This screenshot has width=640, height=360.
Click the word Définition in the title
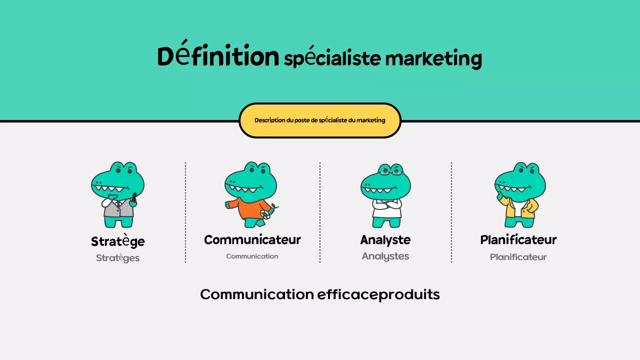point(218,56)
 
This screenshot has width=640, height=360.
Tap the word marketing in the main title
point(433,58)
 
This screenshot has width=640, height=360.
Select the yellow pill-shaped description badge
point(320,120)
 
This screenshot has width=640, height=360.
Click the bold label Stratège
point(118,241)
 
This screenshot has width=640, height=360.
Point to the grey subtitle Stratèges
point(118,258)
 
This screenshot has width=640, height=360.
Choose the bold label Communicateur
point(252,240)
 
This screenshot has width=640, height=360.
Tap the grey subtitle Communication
point(252,256)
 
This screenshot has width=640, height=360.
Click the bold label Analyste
point(385,240)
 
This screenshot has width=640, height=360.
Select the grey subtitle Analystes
point(385,256)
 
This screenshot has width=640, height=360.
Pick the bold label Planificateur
point(518,240)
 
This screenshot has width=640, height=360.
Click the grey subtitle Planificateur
point(518,257)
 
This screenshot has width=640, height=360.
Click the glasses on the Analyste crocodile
point(390,172)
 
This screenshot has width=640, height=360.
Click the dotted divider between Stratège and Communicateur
point(185,212)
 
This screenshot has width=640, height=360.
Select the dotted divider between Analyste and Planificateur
point(451,212)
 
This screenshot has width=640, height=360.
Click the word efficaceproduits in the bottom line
point(378,294)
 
